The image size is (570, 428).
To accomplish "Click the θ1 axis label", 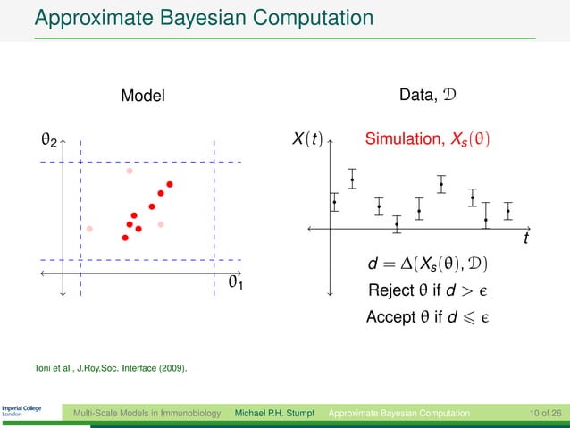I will (x=237, y=282).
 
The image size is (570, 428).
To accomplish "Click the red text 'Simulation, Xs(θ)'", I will (x=427, y=140).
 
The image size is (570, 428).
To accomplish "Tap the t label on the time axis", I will (x=525, y=240).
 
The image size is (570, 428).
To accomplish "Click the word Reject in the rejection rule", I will (x=390, y=290).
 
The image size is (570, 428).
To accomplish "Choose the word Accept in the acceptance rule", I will (x=390, y=316).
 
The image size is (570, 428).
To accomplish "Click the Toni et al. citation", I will (x=111, y=366).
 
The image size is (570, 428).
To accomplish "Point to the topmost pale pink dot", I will (x=130, y=171).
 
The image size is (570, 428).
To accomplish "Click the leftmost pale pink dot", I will (x=89, y=229).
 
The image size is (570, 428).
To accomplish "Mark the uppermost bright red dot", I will (x=169, y=184).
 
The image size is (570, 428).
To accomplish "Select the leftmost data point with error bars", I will (x=334, y=202).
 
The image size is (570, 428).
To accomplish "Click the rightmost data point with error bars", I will (x=507, y=211).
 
